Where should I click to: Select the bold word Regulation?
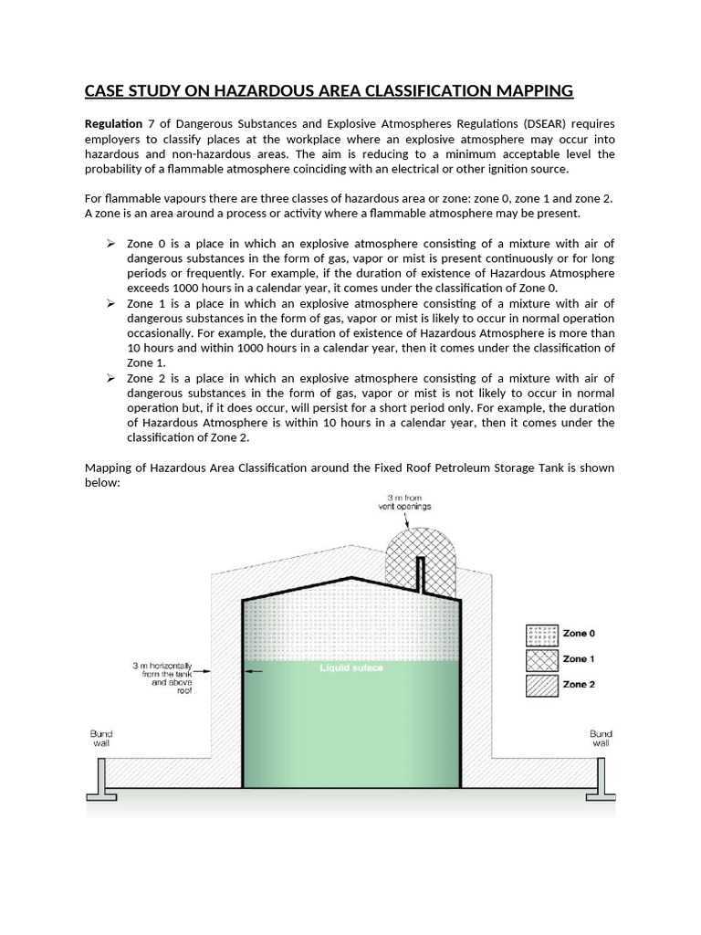(x=113, y=123)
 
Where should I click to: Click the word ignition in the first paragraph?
(x=511, y=169)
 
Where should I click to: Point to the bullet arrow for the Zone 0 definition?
(x=110, y=243)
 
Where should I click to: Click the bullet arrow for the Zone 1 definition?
(x=110, y=303)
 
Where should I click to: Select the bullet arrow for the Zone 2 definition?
(x=110, y=378)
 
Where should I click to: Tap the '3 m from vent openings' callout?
(x=406, y=500)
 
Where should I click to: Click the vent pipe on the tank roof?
(x=420, y=573)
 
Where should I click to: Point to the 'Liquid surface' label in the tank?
(x=351, y=668)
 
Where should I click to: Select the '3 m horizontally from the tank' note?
(x=164, y=679)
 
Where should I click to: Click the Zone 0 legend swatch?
(x=540, y=634)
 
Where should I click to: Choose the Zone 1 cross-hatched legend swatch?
(x=540, y=659)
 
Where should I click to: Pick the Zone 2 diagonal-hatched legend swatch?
(x=540, y=685)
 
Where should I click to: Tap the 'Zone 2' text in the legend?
(x=579, y=685)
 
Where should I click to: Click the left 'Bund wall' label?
(x=100, y=738)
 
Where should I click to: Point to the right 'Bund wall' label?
(x=601, y=738)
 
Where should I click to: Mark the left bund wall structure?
(x=98, y=777)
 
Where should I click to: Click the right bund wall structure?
(x=602, y=777)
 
